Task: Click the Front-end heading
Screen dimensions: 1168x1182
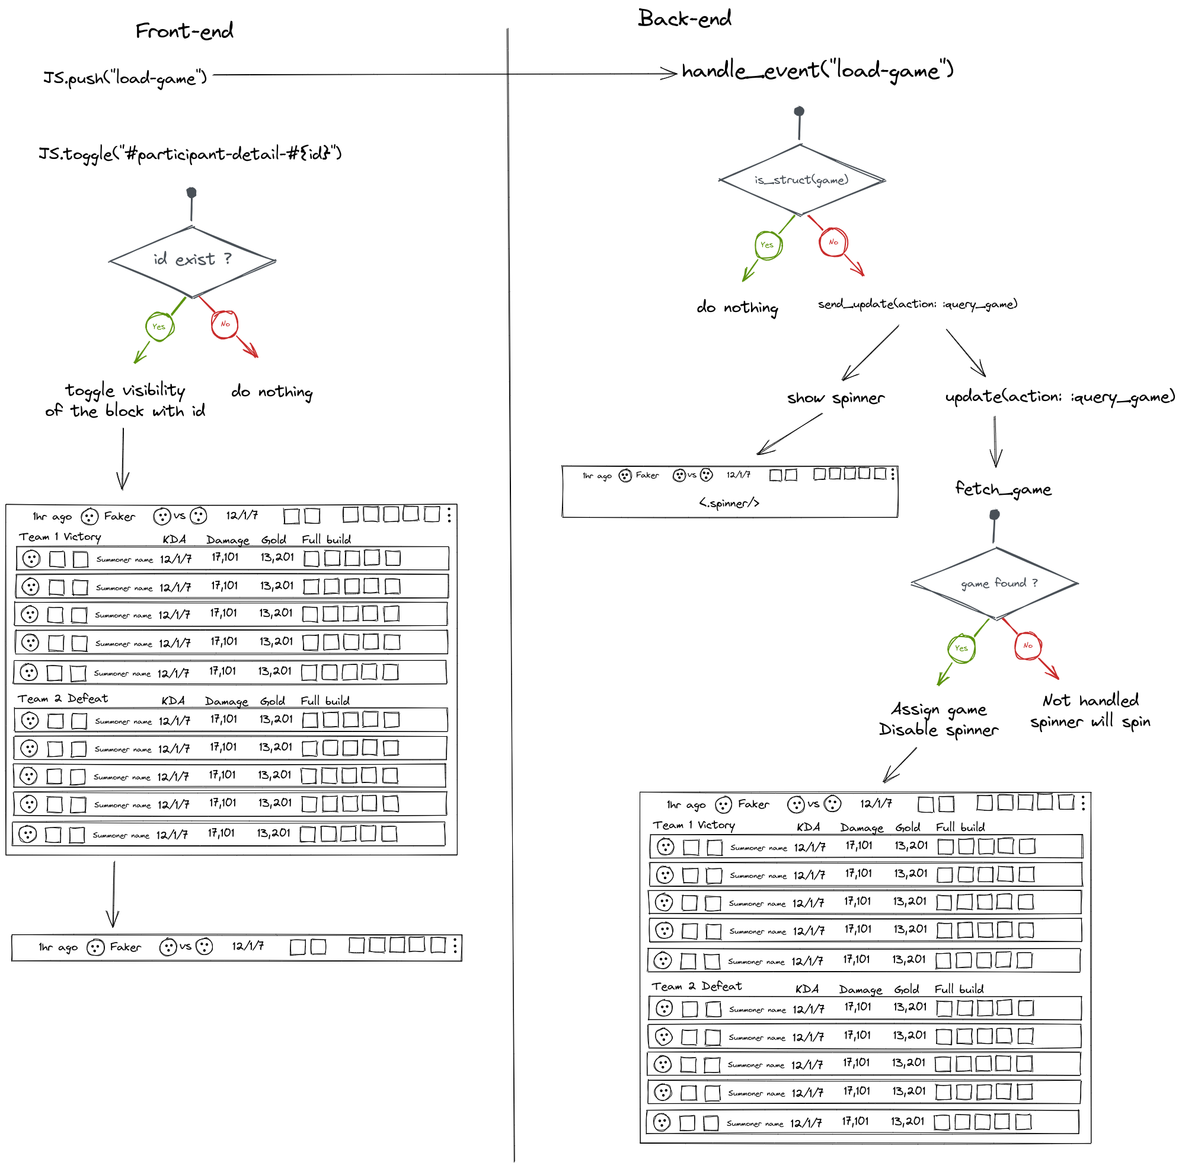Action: pyautogui.click(x=184, y=31)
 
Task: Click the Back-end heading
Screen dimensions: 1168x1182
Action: pyautogui.click(x=685, y=18)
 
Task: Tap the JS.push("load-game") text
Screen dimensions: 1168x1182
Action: pyautogui.click(x=125, y=78)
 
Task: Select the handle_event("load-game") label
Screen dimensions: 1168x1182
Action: pyautogui.click(x=817, y=72)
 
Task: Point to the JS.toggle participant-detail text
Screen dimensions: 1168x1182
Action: pyautogui.click(x=190, y=153)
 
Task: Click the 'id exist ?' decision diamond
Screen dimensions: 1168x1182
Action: pyautogui.click(x=192, y=260)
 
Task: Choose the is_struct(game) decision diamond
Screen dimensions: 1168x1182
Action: pyautogui.click(x=801, y=180)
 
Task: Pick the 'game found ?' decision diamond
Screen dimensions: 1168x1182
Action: pyautogui.click(x=993, y=583)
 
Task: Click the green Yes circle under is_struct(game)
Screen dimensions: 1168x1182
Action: pyautogui.click(x=768, y=246)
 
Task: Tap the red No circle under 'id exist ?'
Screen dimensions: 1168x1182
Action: pyautogui.click(x=225, y=324)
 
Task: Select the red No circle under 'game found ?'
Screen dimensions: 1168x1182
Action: pyautogui.click(x=1028, y=646)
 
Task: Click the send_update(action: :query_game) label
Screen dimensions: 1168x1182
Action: pyautogui.click(x=918, y=304)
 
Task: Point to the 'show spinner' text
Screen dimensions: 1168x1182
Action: pyautogui.click(x=836, y=399)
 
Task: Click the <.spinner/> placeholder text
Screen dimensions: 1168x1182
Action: pyautogui.click(x=729, y=503)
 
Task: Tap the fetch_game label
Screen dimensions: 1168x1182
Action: pyautogui.click(x=1004, y=489)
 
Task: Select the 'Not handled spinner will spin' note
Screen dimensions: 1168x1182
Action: pyautogui.click(x=1090, y=711)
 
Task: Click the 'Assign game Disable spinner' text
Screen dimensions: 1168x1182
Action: pyautogui.click(x=938, y=720)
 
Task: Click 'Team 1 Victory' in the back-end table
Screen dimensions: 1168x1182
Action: pyautogui.click(x=694, y=826)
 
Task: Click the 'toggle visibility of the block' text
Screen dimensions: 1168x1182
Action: pyautogui.click(x=126, y=400)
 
